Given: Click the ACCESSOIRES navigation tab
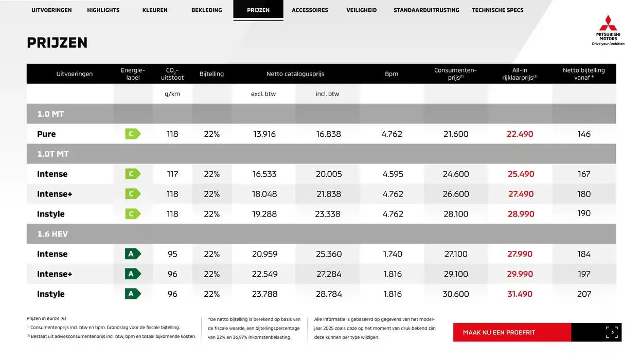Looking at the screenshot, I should pos(310,10).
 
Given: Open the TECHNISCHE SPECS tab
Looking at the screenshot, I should pos(497,10).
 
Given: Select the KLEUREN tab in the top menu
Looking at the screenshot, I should pos(155,10).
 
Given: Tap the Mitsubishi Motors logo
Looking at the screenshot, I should pos(608,30).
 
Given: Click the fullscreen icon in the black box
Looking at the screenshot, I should pos(612,332).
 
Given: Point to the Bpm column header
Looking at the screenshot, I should pos(392,74).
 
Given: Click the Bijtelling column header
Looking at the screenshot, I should pos(211,74).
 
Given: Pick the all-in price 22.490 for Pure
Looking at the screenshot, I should pos(520,134).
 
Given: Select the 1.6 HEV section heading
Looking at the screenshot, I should pos(52,234).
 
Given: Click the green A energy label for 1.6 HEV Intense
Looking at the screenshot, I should pos(132,254).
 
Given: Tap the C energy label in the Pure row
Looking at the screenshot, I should pos(132,134).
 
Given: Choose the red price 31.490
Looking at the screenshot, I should pos(520,294).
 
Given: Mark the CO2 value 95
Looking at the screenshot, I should pos(172,254).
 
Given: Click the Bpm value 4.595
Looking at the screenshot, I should pos(393,174).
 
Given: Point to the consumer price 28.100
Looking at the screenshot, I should pos(456,214).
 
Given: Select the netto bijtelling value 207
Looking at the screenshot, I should pos(584,294).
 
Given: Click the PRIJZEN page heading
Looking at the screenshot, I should pos(57,43).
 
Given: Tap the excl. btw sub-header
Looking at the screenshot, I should pos(263,94).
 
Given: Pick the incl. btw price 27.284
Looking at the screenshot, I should pos(328,274).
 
